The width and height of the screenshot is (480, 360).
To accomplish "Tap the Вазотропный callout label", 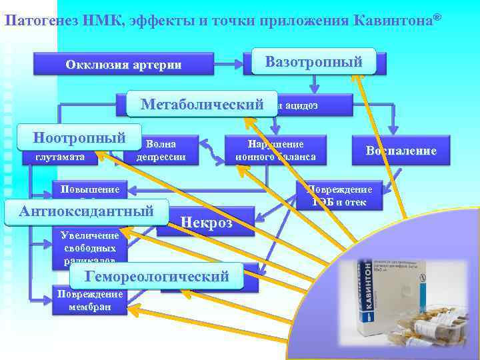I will pyautogui.click(x=313, y=62).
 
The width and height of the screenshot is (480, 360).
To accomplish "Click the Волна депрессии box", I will pyautogui.click(x=161, y=151).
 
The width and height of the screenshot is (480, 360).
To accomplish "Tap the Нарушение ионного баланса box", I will pyautogui.click(x=275, y=151).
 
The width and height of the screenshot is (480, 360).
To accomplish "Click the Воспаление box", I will pyautogui.click(x=401, y=151).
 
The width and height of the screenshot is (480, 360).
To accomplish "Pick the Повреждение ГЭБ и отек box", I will pyautogui.click(x=339, y=195).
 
